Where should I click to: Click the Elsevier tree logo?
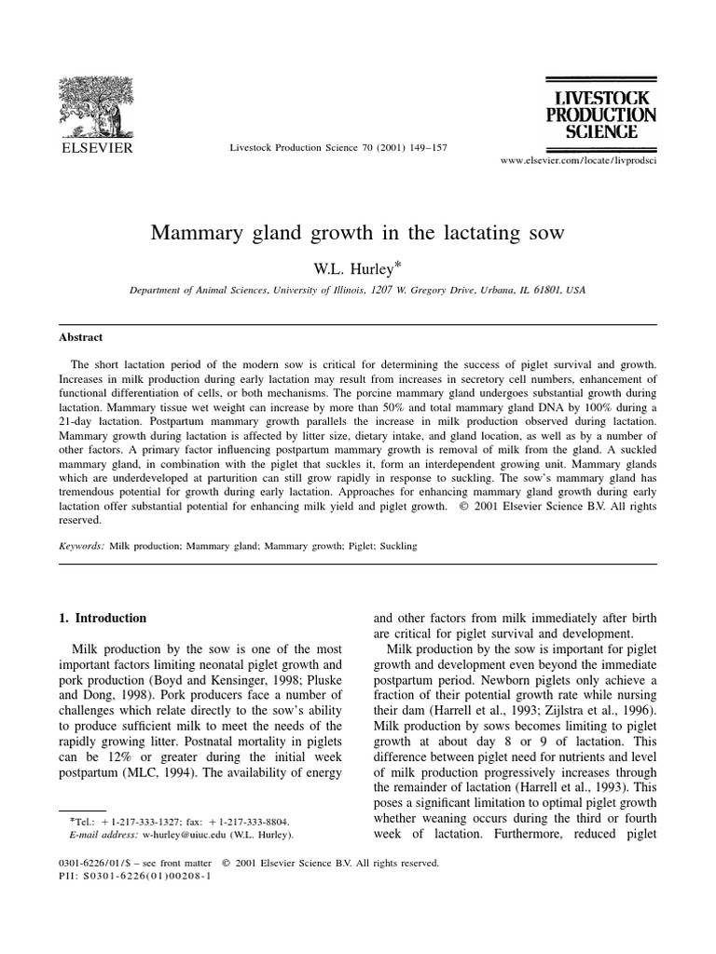tap(97, 104)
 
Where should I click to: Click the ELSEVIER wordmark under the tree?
tap(97, 147)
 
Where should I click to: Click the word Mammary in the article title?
tap(193, 233)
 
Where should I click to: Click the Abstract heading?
tap(80, 337)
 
